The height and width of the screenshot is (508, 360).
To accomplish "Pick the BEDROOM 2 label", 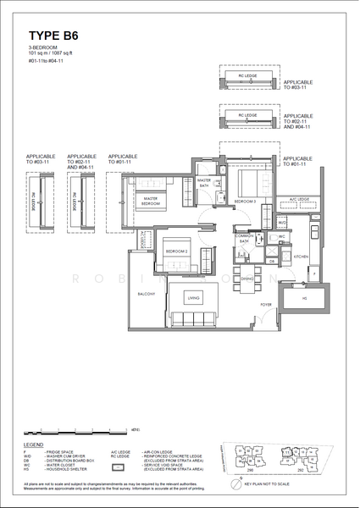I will (176, 251).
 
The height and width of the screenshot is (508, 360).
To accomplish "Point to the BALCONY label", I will (146, 295).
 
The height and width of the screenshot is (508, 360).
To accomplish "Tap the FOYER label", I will (265, 304).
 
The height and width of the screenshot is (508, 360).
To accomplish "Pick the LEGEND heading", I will (35, 444).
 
